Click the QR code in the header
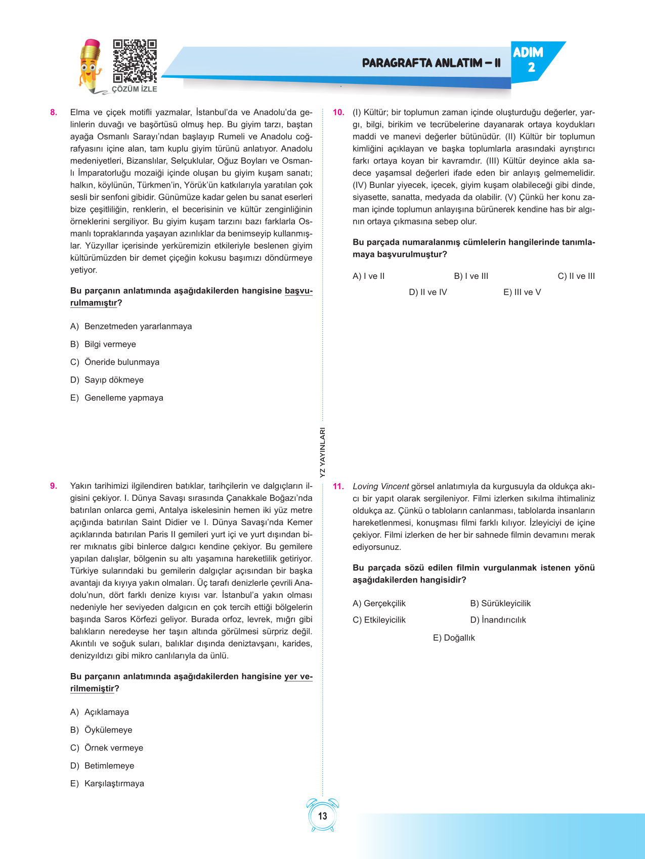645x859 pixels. pyautogui.click(x=135, y=61)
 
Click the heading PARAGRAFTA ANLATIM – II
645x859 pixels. pyautogui.click(x=431, y=63)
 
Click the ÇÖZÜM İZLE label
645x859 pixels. pyautogui.click(x=135, y=89)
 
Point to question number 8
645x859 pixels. pyautogui.click(x=54, y=112)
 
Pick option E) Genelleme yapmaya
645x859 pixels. pyautogui.click(x=117, y=398)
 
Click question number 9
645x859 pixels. pyautogui.click(x=54, y=486)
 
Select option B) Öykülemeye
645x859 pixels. pyautogui.click(x=101, y=730)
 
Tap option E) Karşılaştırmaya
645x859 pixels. pyautogui.click(x=107, y=783)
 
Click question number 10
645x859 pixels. pyautogui.click(x=338, y=112)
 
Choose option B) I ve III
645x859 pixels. pyautogui.click(x=471, y=276)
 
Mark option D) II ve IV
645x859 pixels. pyautogui.click(x=428, y=292)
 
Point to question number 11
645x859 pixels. pyautogui.click(x=338, y=486)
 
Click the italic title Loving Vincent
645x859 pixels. pyautogui.click(x=380, y=486)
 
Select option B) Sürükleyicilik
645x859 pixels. pyautogui.click(x=500, y=603)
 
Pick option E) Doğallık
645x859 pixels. pyautogui.click(x=454, y=638)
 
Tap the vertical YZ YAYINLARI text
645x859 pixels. pyautogui.click(x=323, y=453)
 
